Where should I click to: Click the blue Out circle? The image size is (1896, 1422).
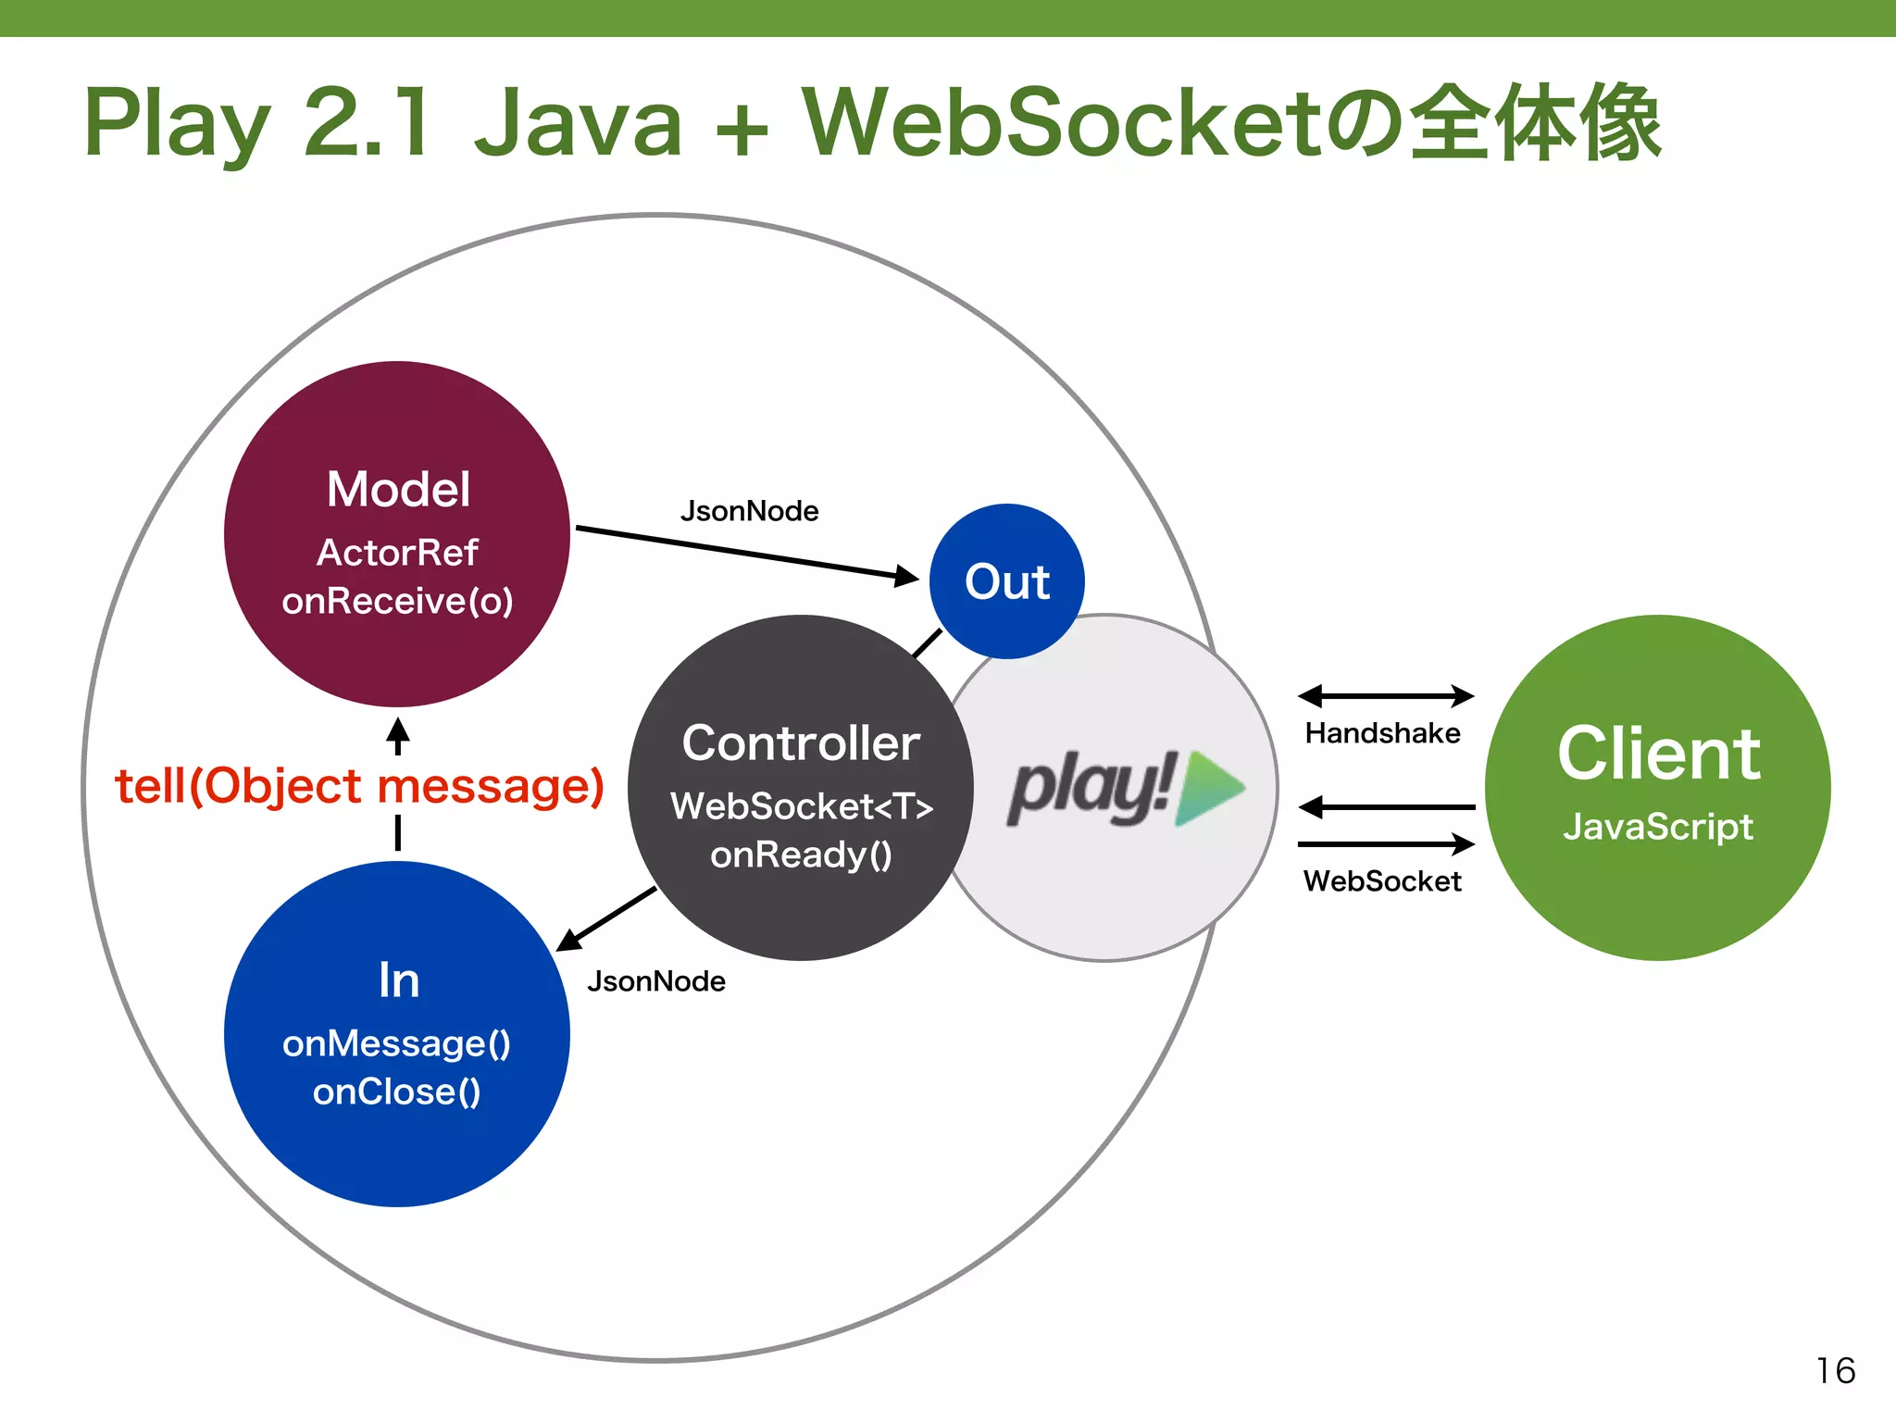coord(1006,581)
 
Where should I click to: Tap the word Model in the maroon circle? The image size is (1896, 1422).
coord(398,489)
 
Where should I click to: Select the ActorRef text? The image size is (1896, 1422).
coord(397,553)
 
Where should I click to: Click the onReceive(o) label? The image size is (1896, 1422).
coord(397,601)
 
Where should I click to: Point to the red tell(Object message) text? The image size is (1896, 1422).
coord(359,786)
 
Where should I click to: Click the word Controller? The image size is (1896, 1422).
coord(801,743)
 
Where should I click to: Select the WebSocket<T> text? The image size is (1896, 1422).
coord(801,806)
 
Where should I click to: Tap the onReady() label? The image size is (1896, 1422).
coord(801,854)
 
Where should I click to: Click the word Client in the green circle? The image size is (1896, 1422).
coord(1657,754)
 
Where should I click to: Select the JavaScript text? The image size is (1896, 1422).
coord(1657,826)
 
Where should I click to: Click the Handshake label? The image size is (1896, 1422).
coord(1382,733)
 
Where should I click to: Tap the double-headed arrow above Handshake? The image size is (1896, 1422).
coord(1385,695)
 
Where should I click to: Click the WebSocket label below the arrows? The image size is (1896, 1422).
coord(1382,880)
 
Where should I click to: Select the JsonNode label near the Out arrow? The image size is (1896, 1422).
coord(749,511)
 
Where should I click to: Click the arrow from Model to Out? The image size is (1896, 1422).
coord(741,553)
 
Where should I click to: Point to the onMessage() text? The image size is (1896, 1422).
coord(396,1043)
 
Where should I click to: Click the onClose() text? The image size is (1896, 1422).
coord(396,1091)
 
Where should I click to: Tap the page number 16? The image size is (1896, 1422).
coord(1835,1371)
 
